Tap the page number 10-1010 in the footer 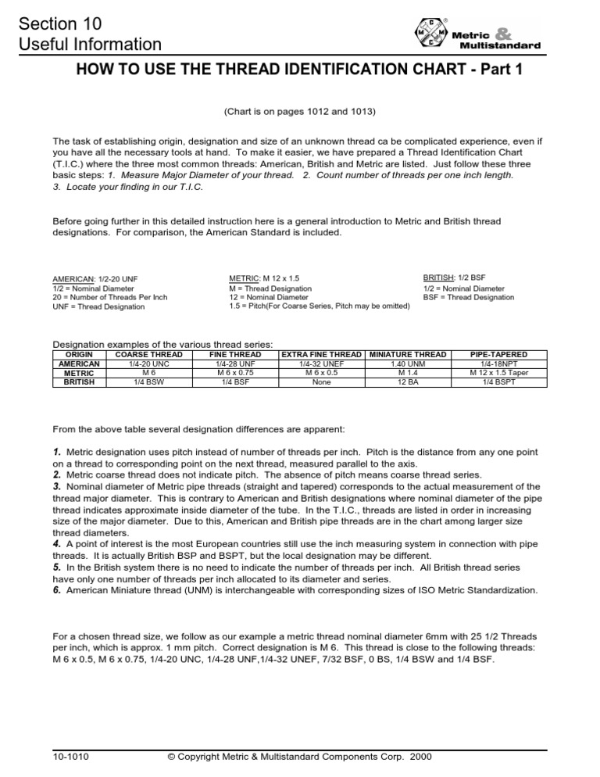(x=70, y=757)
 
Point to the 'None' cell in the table (x=321, y=382)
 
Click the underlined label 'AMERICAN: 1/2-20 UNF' (x=95, y=278)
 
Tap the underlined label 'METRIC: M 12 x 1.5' (x=264, y=277)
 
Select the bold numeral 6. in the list (x=56, y=590)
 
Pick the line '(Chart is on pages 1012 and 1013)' (x=300, y=112)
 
